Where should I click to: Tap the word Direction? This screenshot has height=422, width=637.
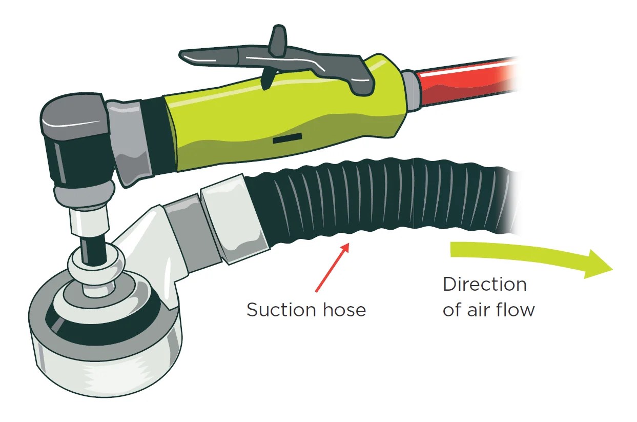[x=484, y=284]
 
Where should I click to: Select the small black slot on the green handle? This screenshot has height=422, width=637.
[x=287, y=139]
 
